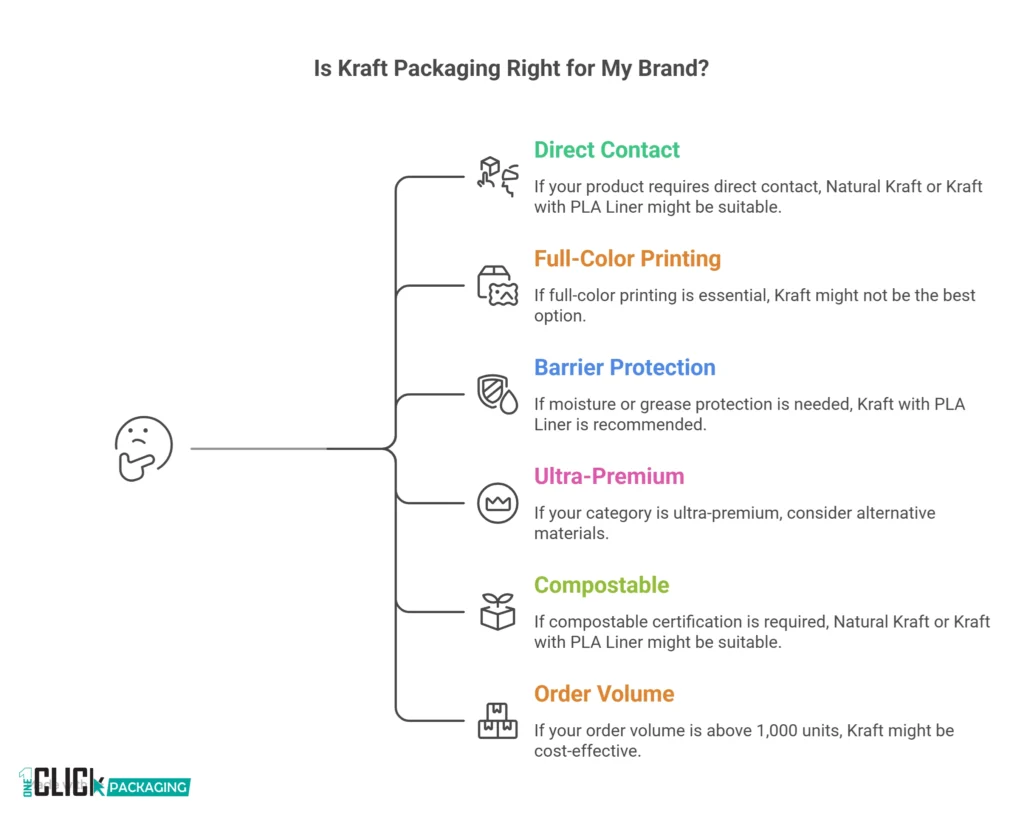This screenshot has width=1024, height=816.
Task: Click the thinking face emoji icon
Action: [x=144, y=449]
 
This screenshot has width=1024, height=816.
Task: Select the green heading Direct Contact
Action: [x=606, y=150]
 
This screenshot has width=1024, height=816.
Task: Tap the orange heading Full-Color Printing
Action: [x=627, y=259]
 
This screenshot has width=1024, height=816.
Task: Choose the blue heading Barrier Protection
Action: [x=624, y=368]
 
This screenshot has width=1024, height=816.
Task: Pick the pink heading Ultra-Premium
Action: [x=609, y=476]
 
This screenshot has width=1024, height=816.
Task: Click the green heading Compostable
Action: [x=601, y=585]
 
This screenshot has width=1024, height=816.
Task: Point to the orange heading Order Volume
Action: [x=603, y=694]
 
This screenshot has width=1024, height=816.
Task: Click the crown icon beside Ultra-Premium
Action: [x=497, y=503]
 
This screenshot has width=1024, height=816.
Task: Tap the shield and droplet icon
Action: [x=497, y=394]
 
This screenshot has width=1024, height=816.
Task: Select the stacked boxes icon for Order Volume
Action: [x=497, y=721]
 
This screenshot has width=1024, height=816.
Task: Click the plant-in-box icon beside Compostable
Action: [x=497, y=611]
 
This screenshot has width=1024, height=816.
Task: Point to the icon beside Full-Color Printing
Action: [x=497, y=286]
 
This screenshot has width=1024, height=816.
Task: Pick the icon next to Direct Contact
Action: [x=497, y=177]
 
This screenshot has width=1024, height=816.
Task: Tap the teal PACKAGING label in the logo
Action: [x=147, y=787]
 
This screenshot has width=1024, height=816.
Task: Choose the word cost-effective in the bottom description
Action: [x=586, y=751]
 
